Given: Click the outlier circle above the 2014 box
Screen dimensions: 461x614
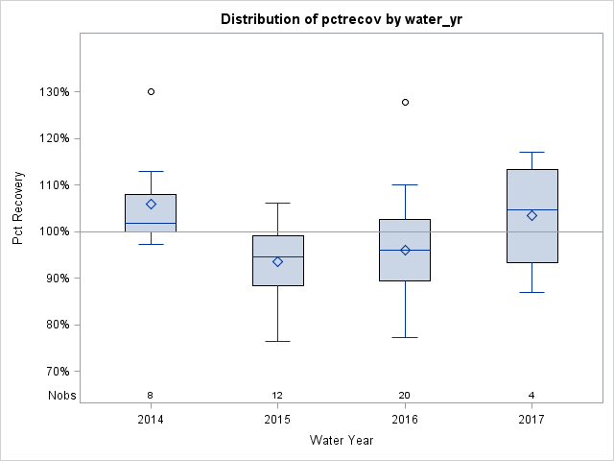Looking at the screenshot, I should [x=151, y=91].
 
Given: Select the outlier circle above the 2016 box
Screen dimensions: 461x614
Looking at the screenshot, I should [x=405, y=102].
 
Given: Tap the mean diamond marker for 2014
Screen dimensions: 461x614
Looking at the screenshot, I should [x=151, y=204].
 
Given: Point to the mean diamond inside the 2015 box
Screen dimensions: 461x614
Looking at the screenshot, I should [x=277, y=261].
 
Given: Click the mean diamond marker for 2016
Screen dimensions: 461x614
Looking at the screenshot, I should [x=405, y=250].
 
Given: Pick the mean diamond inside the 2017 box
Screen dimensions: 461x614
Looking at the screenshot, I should [x=531, y=215].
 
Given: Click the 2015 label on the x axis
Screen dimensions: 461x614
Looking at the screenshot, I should [x=277, y=420].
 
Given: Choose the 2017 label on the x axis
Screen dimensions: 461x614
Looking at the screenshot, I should [x=531, y=420].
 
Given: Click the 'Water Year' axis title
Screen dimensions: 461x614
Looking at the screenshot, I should [x=341, y=441].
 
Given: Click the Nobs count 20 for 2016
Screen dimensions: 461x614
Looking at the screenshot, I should [x=405, y=395].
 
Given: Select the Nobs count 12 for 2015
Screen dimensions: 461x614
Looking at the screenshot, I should [x=277, y=395].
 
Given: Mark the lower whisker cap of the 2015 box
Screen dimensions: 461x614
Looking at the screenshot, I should [x=277, y=341].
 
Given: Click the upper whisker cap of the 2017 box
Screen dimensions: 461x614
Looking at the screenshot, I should [x=531, y=152].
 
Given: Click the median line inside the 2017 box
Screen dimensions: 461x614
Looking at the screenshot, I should [x=531, y=209].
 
